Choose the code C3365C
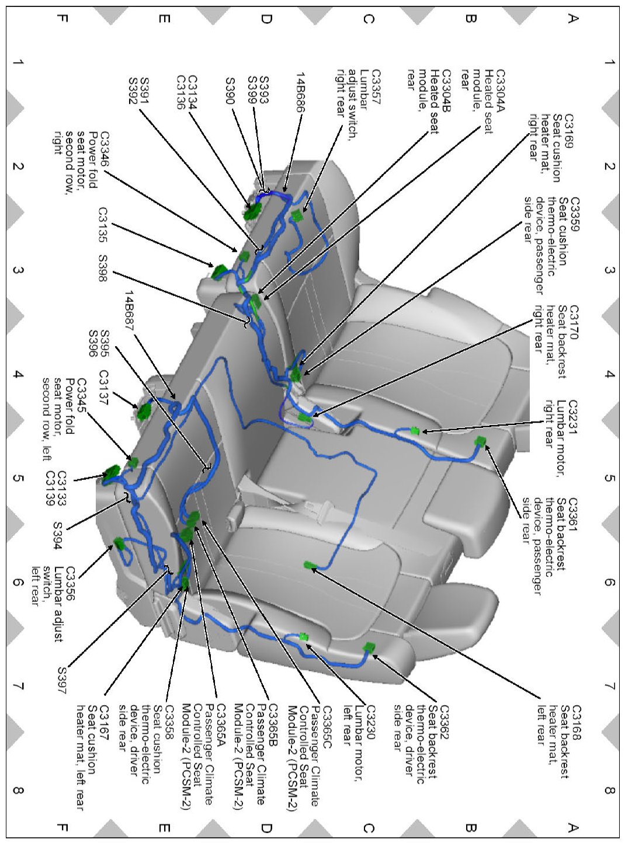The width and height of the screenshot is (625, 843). tap(326, 723)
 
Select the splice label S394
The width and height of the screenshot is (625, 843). tap(57, 534)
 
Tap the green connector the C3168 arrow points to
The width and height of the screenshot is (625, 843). tap(310, 565)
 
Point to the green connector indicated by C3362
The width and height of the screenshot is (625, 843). tap(369, 647)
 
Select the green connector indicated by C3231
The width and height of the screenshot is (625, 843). tap(415, 431)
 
